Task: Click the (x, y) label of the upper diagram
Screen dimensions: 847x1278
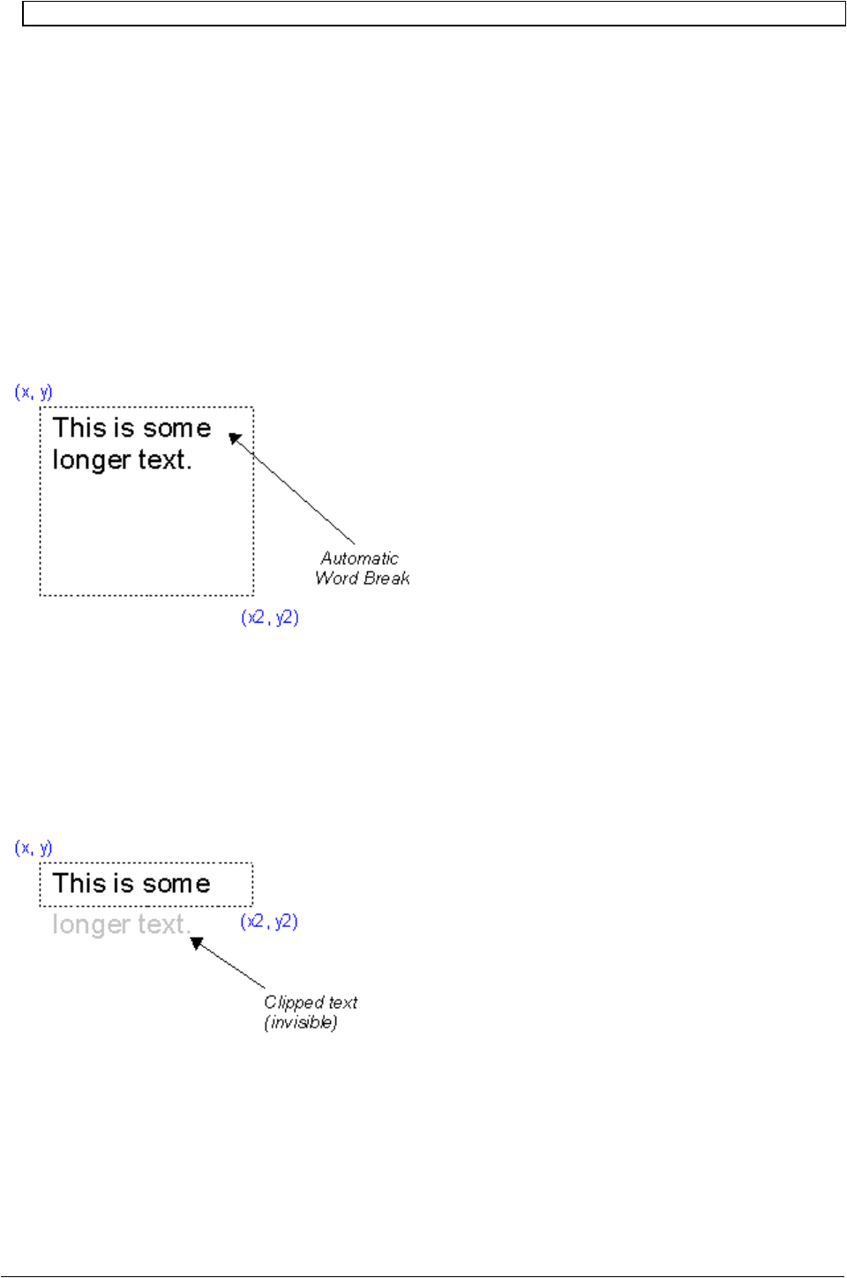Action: (34, 392)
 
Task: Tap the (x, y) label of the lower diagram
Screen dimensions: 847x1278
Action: (34, 848)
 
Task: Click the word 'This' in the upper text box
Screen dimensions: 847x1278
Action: (79, 428)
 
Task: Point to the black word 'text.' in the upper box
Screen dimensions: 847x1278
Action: (165, 460)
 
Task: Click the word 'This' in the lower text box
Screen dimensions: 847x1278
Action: (79, 883)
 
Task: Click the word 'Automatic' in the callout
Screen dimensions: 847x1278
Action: (359, 558)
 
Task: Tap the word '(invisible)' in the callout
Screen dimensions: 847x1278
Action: (301, 1023)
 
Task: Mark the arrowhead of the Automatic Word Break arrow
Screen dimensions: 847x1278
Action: (235, 438)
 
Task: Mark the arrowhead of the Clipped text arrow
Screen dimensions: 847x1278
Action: (197, 943)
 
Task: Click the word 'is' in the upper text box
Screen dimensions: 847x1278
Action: (124, 428)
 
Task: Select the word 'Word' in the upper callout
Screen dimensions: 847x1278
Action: (336, 579)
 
